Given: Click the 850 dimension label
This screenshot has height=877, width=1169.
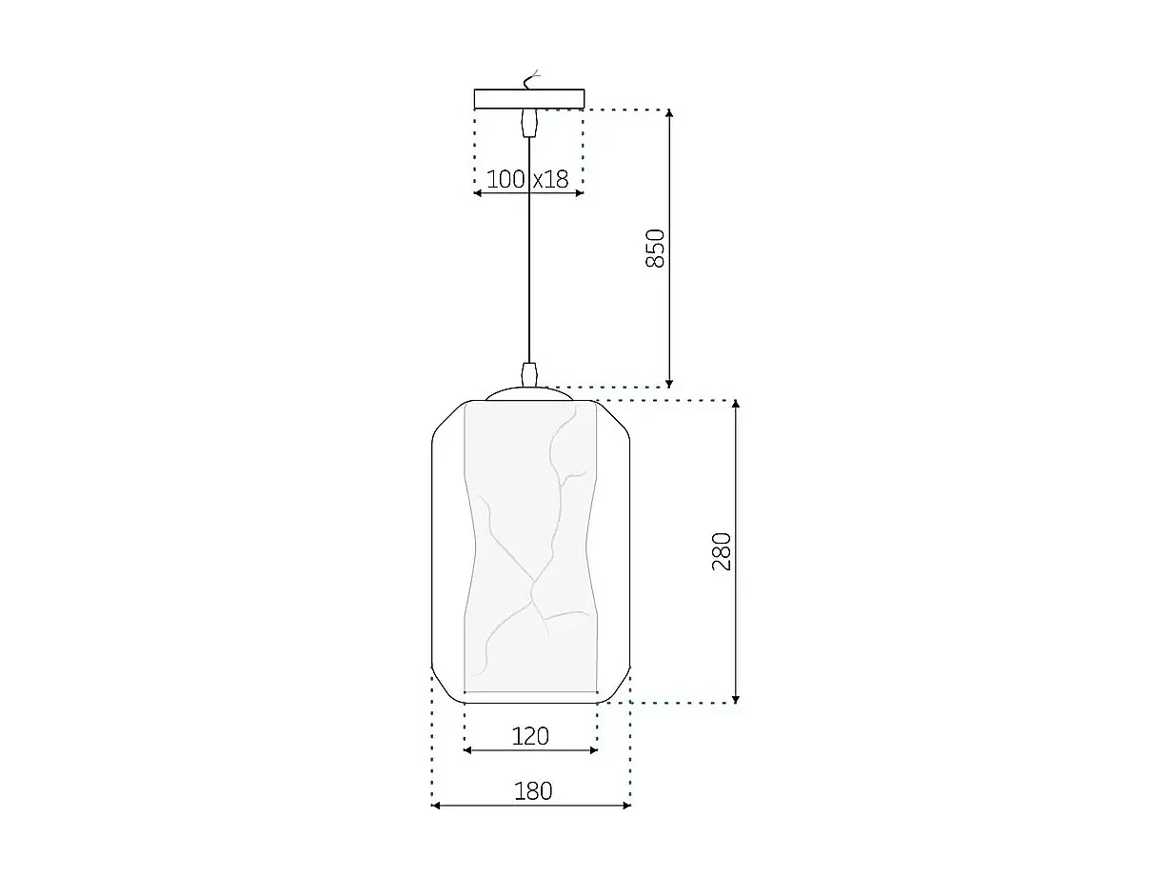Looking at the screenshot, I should point(655,249).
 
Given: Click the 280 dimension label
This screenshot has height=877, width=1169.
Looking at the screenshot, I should point(722,551).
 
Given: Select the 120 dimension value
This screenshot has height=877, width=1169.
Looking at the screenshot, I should point(530,735).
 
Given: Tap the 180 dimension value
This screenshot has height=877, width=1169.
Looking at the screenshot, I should point(532,790).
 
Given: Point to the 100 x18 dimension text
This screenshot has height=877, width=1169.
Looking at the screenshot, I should point(527,178).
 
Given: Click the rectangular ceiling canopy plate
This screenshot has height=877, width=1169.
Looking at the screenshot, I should point(528,99).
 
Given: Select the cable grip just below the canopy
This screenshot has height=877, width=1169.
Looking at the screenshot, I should point(528,123).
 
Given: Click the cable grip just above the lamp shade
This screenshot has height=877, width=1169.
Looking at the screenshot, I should point(530,373).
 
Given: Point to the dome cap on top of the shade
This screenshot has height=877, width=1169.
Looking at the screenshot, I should point(530,393).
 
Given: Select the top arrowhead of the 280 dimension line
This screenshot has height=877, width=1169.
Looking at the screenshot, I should point(736,405).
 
